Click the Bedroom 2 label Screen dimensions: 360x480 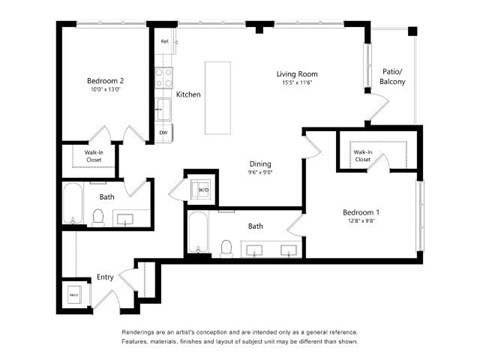[x=105, y=80]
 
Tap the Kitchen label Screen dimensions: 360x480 [x=188, y=95]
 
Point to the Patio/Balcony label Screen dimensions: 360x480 [x=393, y=76]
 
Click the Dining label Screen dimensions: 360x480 [x=260, y=164]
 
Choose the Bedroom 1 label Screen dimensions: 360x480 [x=361, y=212]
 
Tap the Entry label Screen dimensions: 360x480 [x=105, y=278]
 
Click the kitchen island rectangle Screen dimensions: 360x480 [x=217, y=97]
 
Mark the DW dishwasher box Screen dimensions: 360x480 [x=163, y=131]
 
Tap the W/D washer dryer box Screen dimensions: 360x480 [x=203, y=188]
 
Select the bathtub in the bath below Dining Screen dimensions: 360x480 [x=195, y=235]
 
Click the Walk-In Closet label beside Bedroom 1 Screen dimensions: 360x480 [x=361, y=154]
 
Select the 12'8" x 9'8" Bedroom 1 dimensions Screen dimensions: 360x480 [x=361, y=223]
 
